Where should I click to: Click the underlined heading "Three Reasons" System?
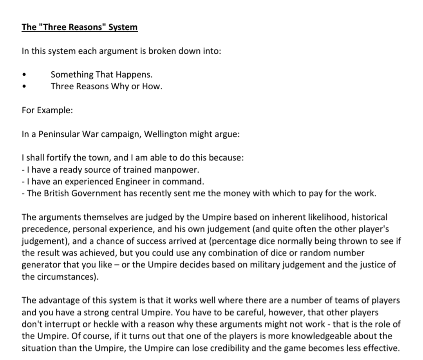click(80, 27)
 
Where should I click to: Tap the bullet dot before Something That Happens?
click(25, 75)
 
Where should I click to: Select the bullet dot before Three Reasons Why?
click(25, 87)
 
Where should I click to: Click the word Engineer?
click(134, 181)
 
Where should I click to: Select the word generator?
click(40, 265)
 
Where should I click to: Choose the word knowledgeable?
click(307, 336)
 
